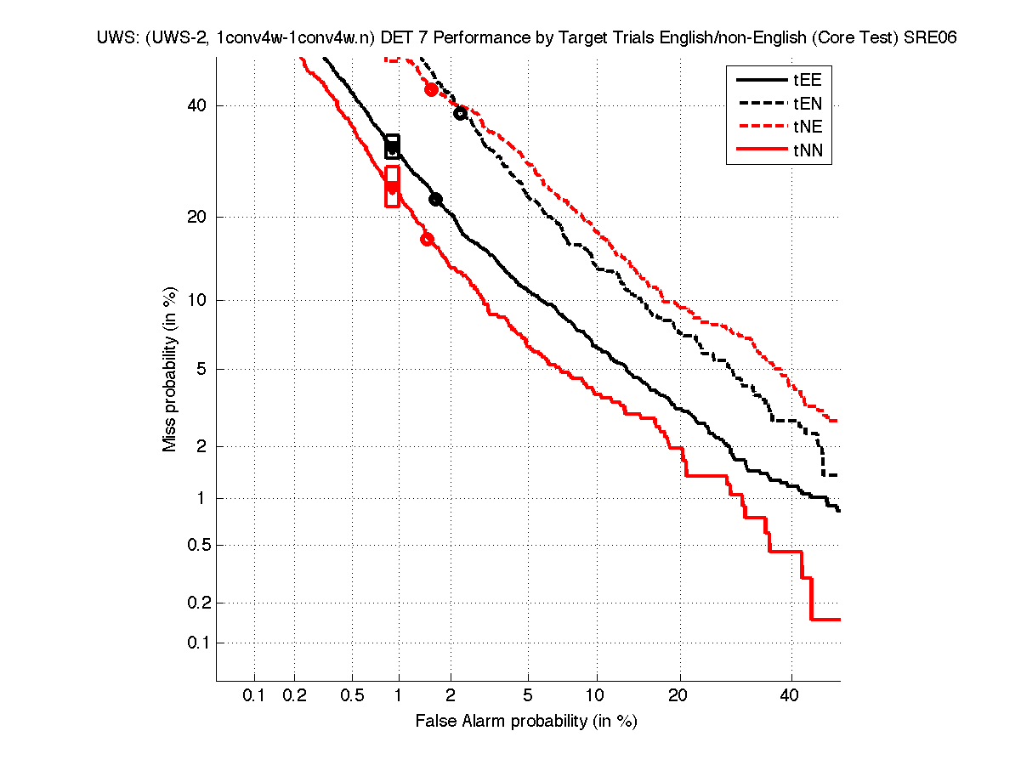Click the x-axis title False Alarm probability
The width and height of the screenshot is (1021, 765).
[526, 722]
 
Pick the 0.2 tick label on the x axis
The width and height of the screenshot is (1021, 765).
[295, 695]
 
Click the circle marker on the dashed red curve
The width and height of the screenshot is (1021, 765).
[431, 89]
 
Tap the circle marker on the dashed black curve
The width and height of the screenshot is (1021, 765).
[461, 113]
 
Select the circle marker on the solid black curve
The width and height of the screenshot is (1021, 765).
[435, 199]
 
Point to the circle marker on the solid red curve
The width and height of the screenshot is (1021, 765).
[427, 239]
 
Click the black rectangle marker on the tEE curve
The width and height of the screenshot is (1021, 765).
[392, 145]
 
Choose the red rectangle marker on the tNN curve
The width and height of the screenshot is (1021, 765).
[392, 185]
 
